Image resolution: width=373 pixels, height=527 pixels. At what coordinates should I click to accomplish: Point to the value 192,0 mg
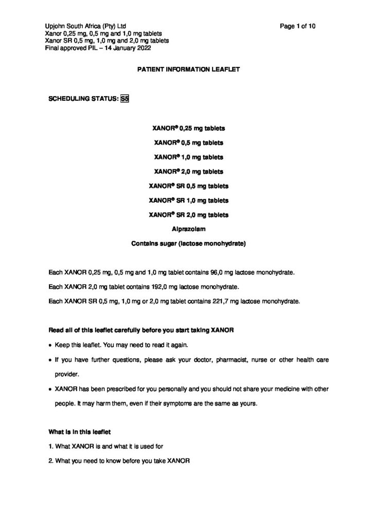[x=150, y=286]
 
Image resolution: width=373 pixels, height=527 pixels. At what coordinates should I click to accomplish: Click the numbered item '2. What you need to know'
[x=119, y=462]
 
